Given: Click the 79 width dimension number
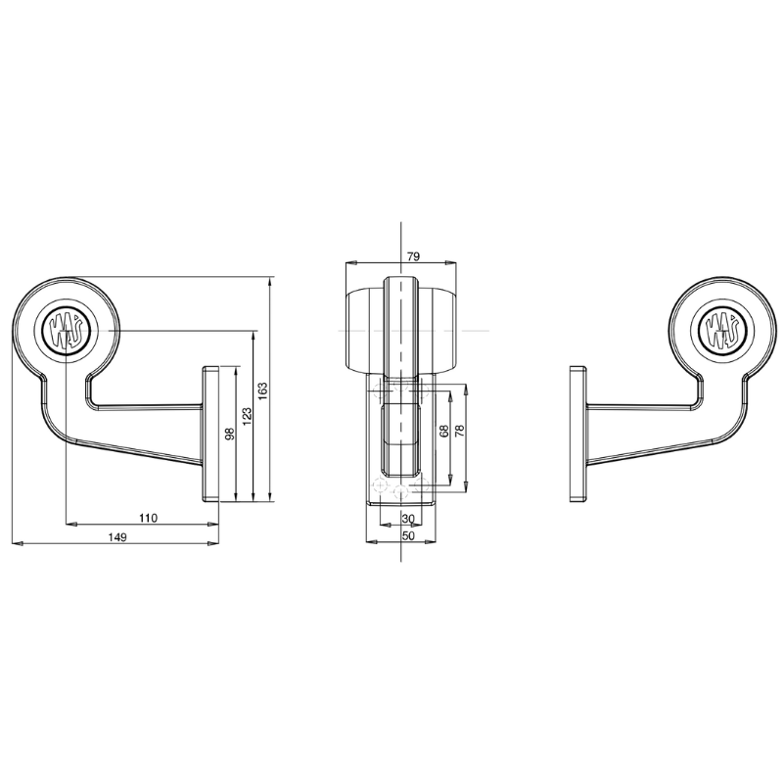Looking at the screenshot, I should coord(412,256).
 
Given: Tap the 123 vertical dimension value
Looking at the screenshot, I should coord(246,415).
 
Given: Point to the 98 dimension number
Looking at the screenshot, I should coord(229,434).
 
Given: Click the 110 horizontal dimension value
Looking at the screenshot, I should coord(148,517).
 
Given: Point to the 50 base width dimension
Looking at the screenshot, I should coord(408,535).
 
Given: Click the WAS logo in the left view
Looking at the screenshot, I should coord(65,330).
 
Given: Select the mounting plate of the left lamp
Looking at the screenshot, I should coord(210,434).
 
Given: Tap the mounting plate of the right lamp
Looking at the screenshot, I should coord(577,434).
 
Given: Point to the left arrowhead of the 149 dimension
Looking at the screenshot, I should coord(15,541).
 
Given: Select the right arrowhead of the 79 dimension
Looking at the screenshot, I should coord(454,262).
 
